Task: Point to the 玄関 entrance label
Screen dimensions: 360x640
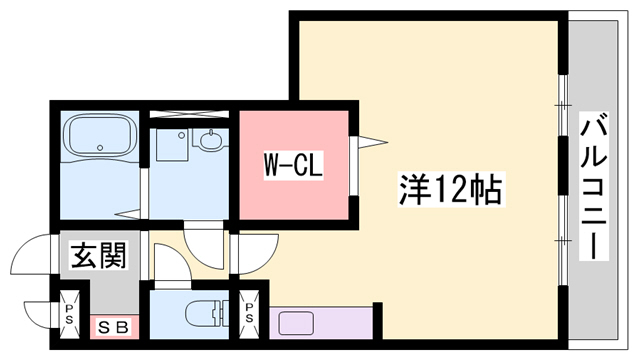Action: [98, 257]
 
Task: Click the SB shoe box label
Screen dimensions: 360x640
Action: [112, 327]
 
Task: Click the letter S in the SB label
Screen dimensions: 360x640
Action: [105, 327]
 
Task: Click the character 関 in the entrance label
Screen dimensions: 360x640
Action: [113, 257]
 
